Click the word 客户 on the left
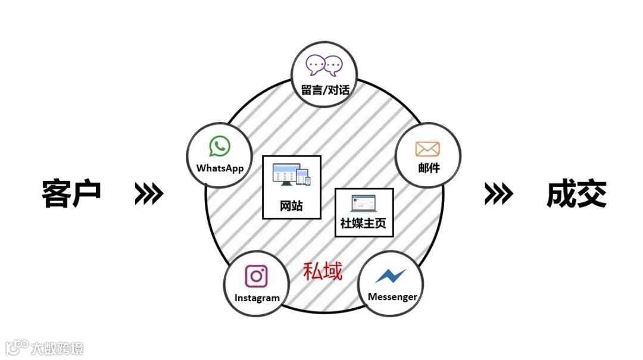(x=71, y=193)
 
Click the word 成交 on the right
(x=576, y=193)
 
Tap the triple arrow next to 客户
(x=149, y=193)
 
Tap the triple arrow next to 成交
(x=498, y=193)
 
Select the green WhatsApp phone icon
(x=220, y=146)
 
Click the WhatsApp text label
(x=220, y=168)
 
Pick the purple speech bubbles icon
(x=324, y=65)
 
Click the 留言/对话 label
(x=324, y=91)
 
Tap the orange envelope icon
(x=427, y=149)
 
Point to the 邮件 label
(x=428, y=168)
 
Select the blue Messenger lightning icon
(x=391, y=276)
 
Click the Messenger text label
(x=392, y=296)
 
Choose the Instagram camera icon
(x=257, y=276)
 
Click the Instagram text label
(x=257, y=298)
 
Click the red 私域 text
(x=323, y=271)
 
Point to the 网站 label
(x=291, y=206)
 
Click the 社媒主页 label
(x=363, y=224)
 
